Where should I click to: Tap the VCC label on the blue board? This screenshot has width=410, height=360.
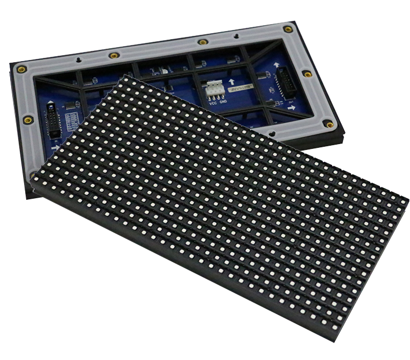(x=211, y=100)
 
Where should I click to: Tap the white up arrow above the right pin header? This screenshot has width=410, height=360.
(x=277, y=65)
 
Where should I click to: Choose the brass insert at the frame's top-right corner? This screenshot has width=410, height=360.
(x=290, y=29)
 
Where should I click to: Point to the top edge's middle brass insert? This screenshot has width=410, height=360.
(x=203, y=42)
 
